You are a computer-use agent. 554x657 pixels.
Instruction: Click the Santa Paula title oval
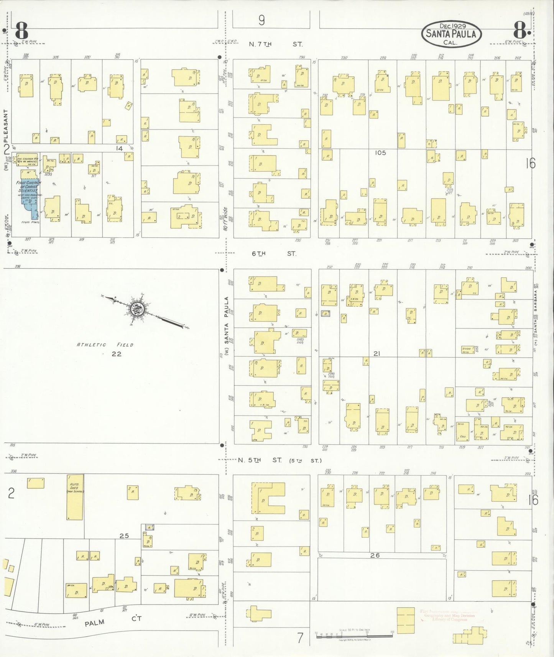click(452, 34)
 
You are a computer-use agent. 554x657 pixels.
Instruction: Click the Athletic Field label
click(105, 345)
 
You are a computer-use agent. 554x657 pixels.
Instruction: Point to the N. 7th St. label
click(275, 44)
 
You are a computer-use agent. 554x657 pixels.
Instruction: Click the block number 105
click(380, 153)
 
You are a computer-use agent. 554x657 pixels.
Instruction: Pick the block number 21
click(376, 354)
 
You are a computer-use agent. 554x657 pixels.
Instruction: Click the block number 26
click(375, 555)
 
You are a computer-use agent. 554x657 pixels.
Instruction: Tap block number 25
click(124, 535)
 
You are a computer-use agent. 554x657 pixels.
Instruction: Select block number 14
click(120, 148)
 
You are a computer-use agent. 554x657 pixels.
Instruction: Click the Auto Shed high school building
click(75, 497)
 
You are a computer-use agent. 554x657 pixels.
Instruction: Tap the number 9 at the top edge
click(261, 20)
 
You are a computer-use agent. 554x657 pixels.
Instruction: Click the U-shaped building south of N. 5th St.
click(268, 498)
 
